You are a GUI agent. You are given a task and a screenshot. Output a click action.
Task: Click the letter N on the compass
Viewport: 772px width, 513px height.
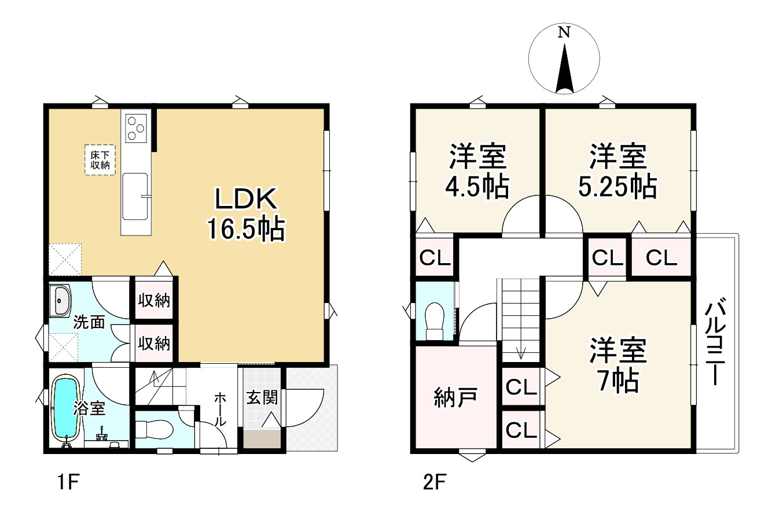click(563, 33)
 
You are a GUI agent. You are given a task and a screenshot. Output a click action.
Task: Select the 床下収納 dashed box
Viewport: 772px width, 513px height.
click(100, 160)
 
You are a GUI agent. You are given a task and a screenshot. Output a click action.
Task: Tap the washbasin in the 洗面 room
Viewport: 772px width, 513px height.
click(60, 301)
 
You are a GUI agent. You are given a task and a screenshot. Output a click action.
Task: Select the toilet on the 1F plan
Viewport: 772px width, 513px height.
click(154, 430)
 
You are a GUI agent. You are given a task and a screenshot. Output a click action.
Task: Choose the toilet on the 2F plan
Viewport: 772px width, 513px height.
click(434, 322)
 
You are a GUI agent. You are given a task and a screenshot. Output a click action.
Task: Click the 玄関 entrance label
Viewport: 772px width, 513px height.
click(262, 398)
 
